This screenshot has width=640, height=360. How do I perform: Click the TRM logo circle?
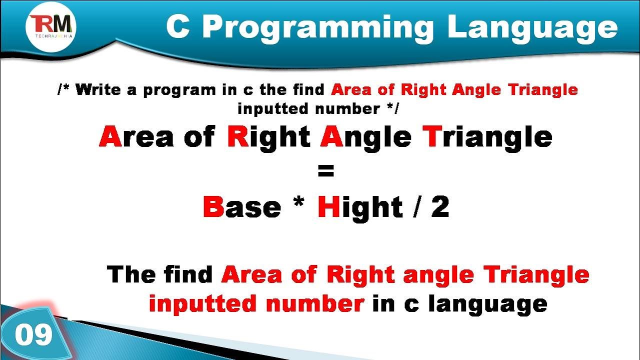(51, 25)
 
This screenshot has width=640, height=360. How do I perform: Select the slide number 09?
(33, 334)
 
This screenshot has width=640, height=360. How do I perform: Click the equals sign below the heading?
(325, 172)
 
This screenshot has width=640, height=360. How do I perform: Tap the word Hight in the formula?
(360, 207)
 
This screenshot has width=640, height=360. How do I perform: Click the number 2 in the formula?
(440, 207)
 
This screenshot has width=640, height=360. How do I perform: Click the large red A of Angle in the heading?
(331, 136)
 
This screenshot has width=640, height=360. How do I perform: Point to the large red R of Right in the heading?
(238, 136)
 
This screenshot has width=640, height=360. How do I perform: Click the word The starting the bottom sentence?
(131, 274)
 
